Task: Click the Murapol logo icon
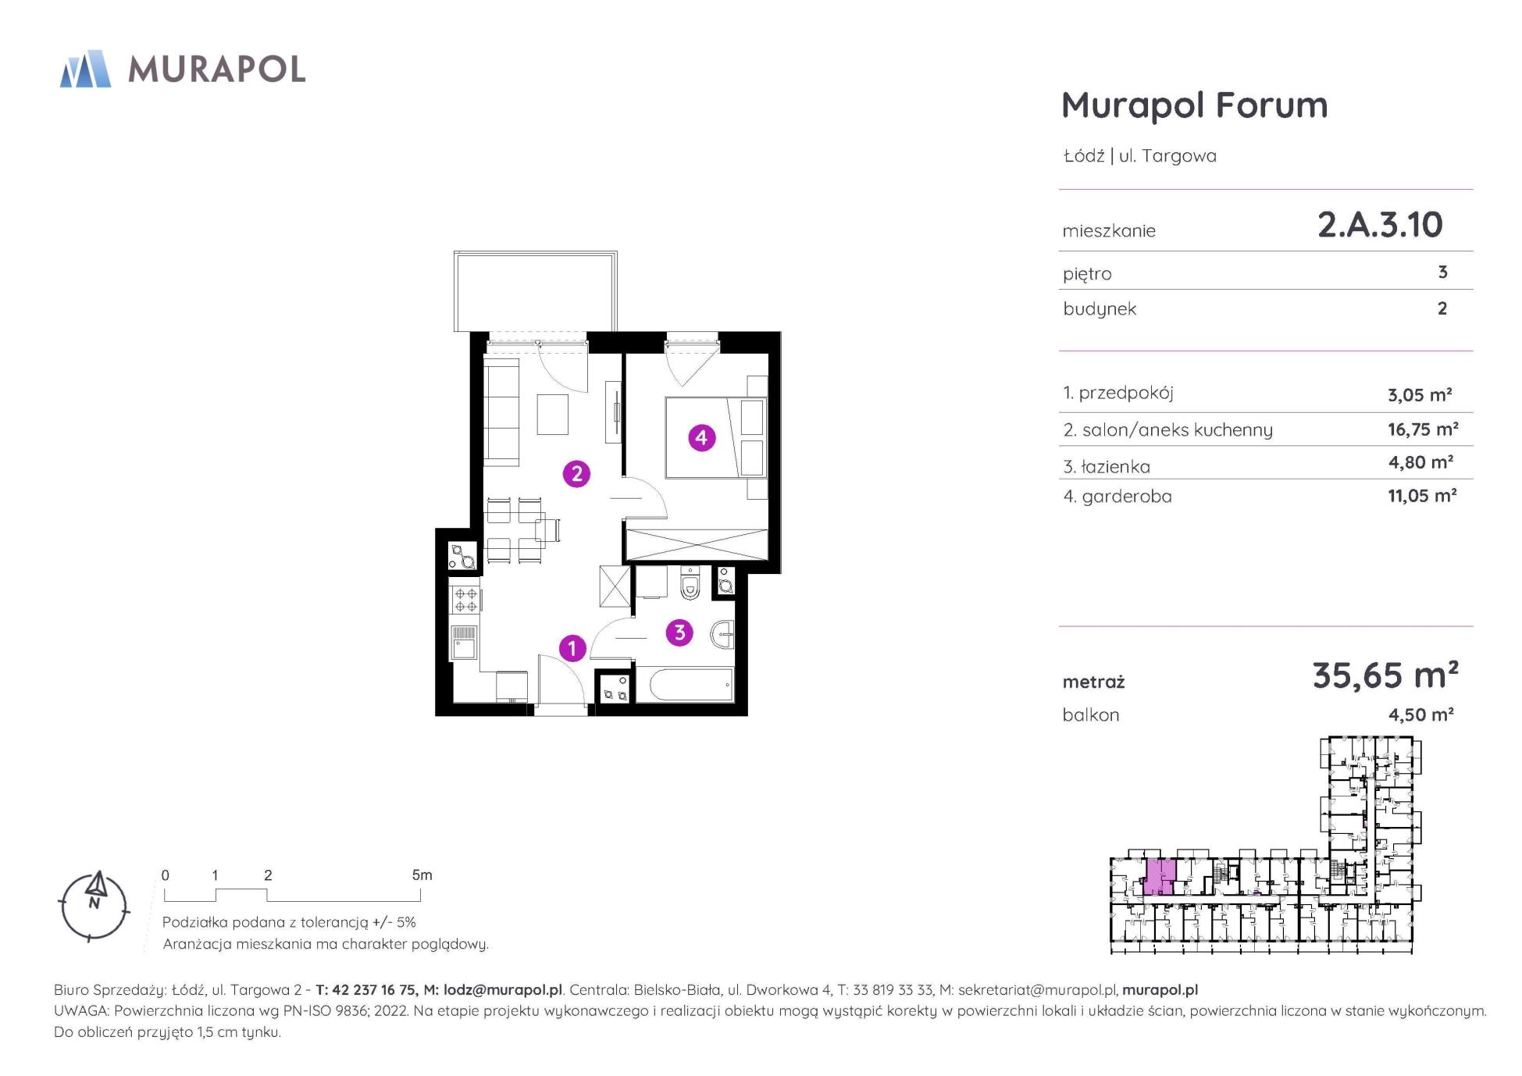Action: coord(85,69)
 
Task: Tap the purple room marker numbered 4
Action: coord(701,438)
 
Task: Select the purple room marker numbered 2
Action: coord(576,473)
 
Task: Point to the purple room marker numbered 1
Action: coord(572,648)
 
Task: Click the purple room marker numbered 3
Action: coord(679,632)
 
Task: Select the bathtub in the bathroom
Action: coord(685,686)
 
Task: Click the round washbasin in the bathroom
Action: coord(723,635)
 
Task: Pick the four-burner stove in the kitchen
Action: coord(466,600)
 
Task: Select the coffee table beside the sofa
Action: coord(552,415)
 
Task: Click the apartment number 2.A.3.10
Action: coord(1380,225)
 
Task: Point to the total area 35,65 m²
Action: coord(1385,675)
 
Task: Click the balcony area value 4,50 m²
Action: coord(1420,714)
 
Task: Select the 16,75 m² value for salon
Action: coord(1423,429)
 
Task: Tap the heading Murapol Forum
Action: coord(1194,105)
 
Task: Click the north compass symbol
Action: coord(94,906)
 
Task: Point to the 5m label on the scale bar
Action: coord(422,875)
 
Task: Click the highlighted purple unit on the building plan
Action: coord(1160,877)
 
